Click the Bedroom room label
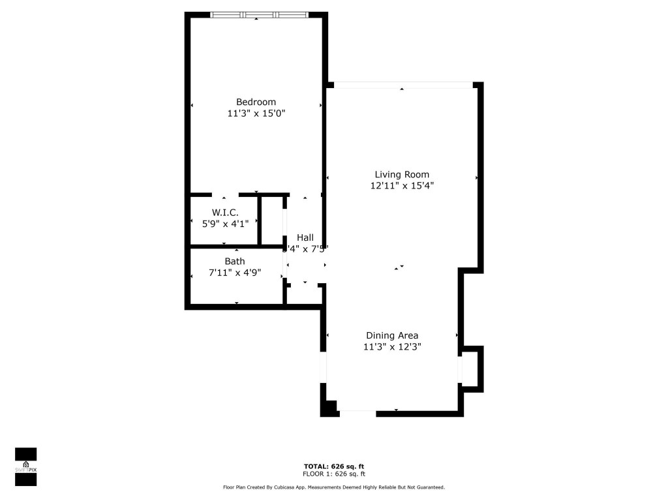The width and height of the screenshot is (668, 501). click(256, 102)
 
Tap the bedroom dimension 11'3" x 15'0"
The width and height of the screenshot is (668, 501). click(256, 113)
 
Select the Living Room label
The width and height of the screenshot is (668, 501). click(402, 174)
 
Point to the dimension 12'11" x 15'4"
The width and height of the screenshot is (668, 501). click(402, 185)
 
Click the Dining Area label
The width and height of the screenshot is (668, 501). click(392, 336)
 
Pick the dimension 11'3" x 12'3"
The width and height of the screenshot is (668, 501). click(392, 347)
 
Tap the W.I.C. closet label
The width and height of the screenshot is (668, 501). click(225, 213)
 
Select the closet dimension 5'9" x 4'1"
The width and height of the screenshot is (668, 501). click(225, 223)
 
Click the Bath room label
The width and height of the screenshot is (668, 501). click(235, 262)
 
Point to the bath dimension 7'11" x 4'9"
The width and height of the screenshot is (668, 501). click(235, 273)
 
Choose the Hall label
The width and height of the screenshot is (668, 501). click(305, 237)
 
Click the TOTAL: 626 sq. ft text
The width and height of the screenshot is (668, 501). click(334, 466)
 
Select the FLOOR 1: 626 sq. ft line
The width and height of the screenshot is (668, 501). click(334, 474)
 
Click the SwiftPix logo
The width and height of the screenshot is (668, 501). click(25, 466)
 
